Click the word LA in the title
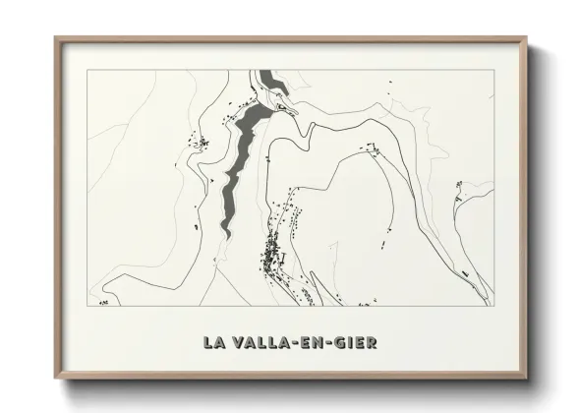[x=212, y=343]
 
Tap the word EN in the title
[x=316, y=343]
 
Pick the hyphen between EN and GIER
[x=331, y=343]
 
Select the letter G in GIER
[x=343, y=343]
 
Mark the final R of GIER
[x=371, y=343]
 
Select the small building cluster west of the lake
[x=202, y=145]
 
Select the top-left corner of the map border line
[x=87, y=71]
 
